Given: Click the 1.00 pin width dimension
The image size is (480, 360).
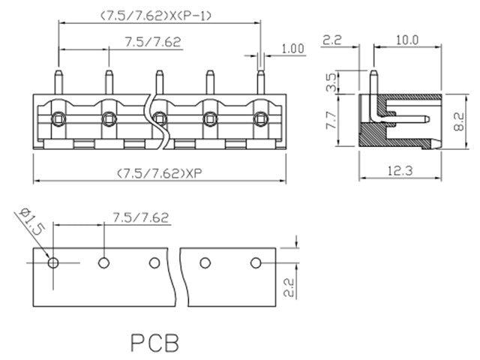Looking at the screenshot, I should click(292, 49).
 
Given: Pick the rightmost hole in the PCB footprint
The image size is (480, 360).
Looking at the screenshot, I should click(255, 263).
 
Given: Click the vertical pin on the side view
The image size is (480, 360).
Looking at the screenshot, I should click(374, 84).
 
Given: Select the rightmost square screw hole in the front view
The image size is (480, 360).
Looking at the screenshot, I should click(261, 118).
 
